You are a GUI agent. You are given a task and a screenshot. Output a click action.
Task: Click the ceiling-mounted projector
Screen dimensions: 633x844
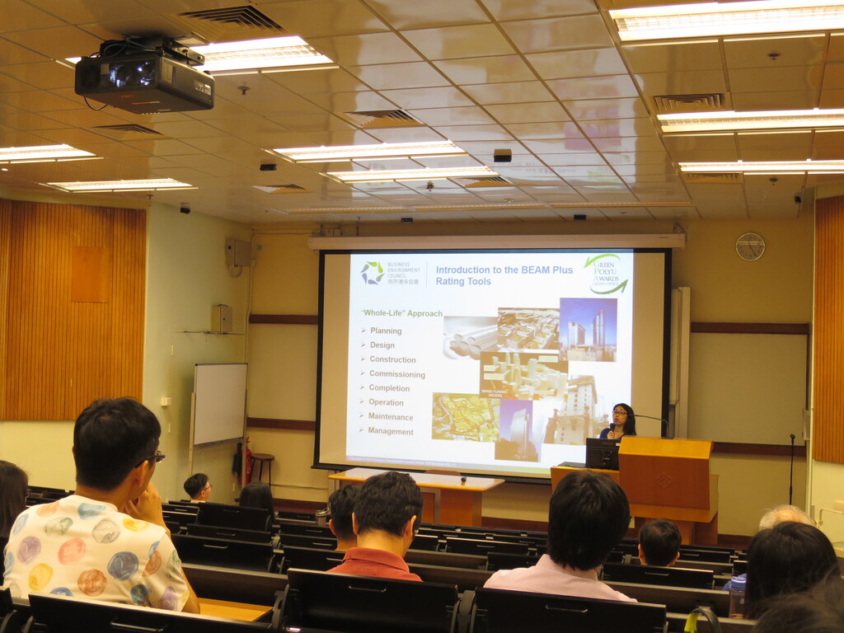tap(144, 78)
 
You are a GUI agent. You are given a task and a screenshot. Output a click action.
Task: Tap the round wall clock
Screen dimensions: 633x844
tap(749, 246)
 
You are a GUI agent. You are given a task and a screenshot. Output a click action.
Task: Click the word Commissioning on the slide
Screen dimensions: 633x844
tap(396, 374)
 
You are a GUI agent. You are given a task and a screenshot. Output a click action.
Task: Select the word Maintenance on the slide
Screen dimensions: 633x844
tap(391, 417)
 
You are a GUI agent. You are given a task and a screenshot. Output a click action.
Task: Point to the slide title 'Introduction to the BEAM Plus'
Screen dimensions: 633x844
tap(504, 270)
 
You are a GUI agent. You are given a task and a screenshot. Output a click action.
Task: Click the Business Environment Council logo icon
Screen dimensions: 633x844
tap(373, 273)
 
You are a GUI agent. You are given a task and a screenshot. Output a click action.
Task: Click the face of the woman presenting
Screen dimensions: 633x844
tap(618, 415)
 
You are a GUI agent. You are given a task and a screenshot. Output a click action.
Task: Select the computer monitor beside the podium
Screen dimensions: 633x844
tap(602, 453)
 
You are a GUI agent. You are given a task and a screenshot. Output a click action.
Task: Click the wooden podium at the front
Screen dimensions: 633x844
tap(666, 478)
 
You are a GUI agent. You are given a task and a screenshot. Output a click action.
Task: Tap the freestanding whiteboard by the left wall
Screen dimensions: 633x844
tap(219, 404)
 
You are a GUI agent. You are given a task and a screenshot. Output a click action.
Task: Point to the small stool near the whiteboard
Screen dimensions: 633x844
tap(262, 466)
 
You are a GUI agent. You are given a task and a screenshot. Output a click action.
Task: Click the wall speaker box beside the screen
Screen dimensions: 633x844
tap(237, 252)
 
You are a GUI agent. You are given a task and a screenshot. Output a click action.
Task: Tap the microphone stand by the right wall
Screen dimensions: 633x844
tap(791, 470)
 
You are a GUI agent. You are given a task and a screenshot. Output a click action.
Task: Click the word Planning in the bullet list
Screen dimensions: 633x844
tap(386, 331)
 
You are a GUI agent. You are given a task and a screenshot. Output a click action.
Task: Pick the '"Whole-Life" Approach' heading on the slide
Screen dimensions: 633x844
tap(401, 313)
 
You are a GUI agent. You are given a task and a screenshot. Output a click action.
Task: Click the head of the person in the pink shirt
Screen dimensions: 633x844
tap(587, 519)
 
